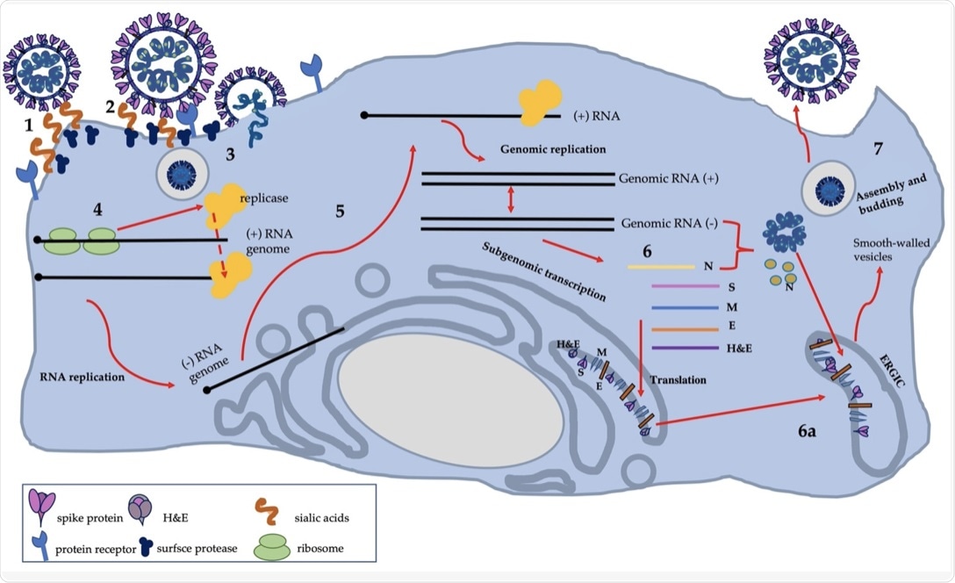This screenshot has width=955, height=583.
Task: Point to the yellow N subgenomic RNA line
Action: coord(657,266)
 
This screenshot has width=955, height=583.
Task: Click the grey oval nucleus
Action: coord(450,400)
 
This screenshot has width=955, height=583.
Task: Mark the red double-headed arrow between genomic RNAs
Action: coord(511,199)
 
